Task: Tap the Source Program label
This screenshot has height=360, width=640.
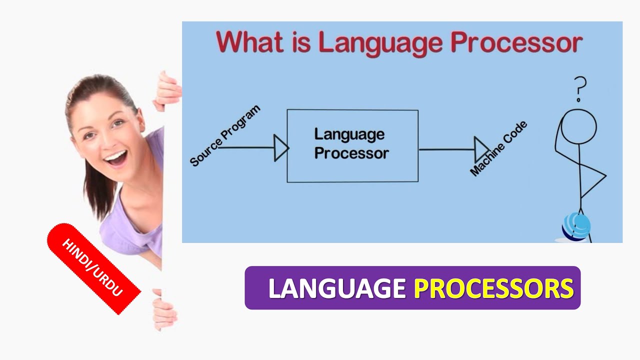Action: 225,135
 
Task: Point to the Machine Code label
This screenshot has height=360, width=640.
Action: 499,148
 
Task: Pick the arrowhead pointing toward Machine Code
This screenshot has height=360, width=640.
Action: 481,149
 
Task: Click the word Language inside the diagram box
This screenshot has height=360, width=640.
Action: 349,134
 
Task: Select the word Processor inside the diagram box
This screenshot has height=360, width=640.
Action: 351,153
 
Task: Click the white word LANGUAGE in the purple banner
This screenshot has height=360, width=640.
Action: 337,288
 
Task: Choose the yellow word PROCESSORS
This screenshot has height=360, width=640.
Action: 493,288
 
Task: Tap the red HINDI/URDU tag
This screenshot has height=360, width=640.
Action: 93,268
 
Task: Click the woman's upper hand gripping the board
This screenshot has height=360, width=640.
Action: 167,91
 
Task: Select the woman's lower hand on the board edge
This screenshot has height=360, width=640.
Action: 164,310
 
